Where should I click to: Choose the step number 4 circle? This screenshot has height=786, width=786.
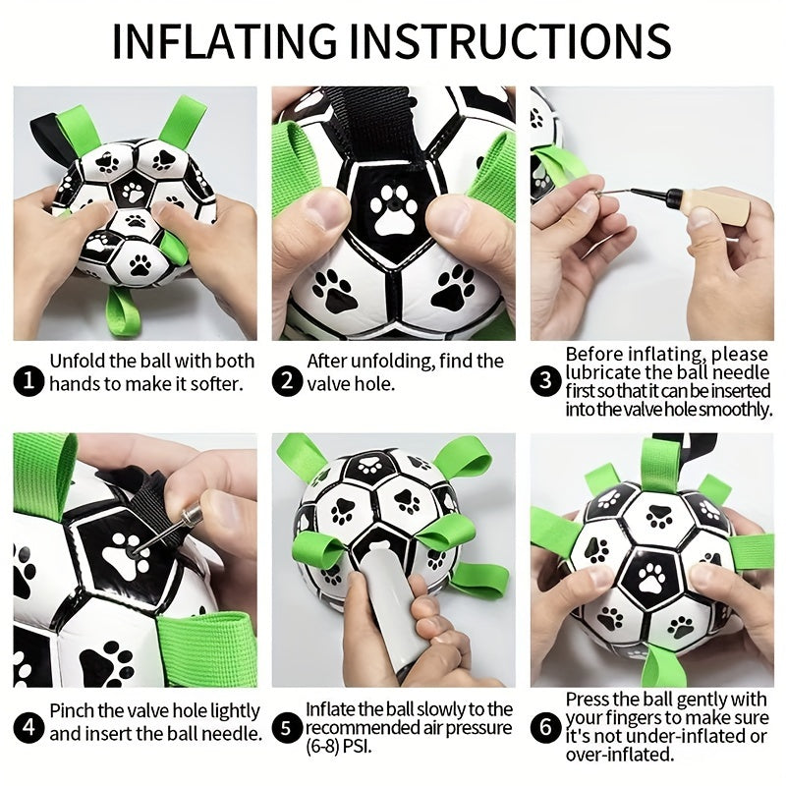(31, 728)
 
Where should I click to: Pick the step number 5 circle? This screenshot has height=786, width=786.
(287, 728)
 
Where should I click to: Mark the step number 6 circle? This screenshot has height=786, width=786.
(544, 728)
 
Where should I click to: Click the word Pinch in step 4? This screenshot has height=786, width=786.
(72, 710)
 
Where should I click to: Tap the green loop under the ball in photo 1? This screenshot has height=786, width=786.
(125, 312)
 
